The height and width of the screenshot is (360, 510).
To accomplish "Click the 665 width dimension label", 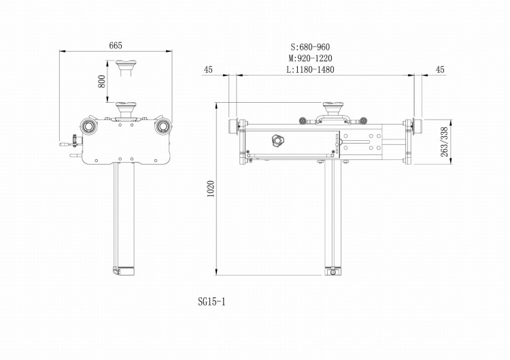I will (x=116, y=46).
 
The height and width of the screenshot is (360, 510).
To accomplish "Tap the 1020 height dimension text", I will (x=211, y=189).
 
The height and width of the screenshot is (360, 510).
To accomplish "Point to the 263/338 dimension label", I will (x=445, y=142).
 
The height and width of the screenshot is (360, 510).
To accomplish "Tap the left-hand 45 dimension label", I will (x=208, y=69).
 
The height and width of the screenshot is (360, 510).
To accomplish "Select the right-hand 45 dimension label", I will (x=439, y=69).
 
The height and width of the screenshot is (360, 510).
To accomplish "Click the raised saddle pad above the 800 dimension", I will (x=126, y=66).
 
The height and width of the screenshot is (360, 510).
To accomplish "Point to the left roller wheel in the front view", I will (x=88, y=127).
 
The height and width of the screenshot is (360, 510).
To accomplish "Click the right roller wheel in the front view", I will (x=163, y=127).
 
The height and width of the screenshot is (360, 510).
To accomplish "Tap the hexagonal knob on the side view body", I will (x=277, y=140).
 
